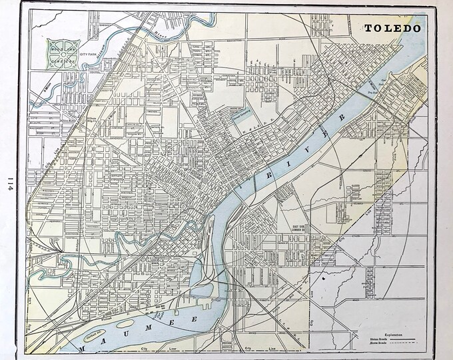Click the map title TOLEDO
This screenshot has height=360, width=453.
point(392,29)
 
